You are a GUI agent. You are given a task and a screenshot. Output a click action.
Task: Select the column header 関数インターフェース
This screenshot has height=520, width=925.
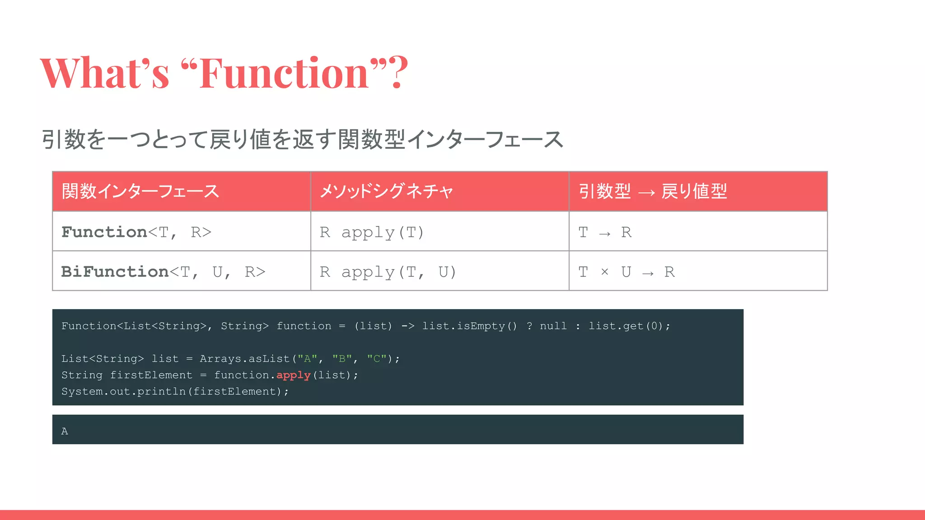[140, 191]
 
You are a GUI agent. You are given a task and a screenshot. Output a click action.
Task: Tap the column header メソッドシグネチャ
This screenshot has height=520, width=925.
[386, 191]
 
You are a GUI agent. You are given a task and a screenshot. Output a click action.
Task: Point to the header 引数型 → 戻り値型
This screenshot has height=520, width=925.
[653, 191]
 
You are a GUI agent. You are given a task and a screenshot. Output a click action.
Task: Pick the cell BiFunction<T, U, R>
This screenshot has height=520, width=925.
[163, 272]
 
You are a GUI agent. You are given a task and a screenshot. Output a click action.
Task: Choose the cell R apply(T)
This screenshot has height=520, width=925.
[372, 232]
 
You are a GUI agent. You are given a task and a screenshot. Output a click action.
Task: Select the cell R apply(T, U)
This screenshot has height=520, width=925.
[388, 272]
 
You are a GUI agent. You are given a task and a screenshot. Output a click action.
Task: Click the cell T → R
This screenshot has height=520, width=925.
[605, 232]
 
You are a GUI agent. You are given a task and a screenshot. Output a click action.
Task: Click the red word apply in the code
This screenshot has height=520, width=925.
[294, 375]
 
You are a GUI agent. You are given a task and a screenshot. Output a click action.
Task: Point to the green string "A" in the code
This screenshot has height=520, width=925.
[307, 359]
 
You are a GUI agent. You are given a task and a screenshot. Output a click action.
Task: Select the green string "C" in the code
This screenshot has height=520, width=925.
[377, 359]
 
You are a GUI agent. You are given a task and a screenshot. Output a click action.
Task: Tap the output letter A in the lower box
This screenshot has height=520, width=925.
[65, 431]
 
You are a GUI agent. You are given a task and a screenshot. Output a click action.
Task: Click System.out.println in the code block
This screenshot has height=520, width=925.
[123, 391]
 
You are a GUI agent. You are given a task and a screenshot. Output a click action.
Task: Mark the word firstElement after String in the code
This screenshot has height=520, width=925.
[151, 375]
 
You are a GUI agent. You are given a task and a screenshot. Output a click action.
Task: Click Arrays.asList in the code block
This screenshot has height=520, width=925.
[244, 359]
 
